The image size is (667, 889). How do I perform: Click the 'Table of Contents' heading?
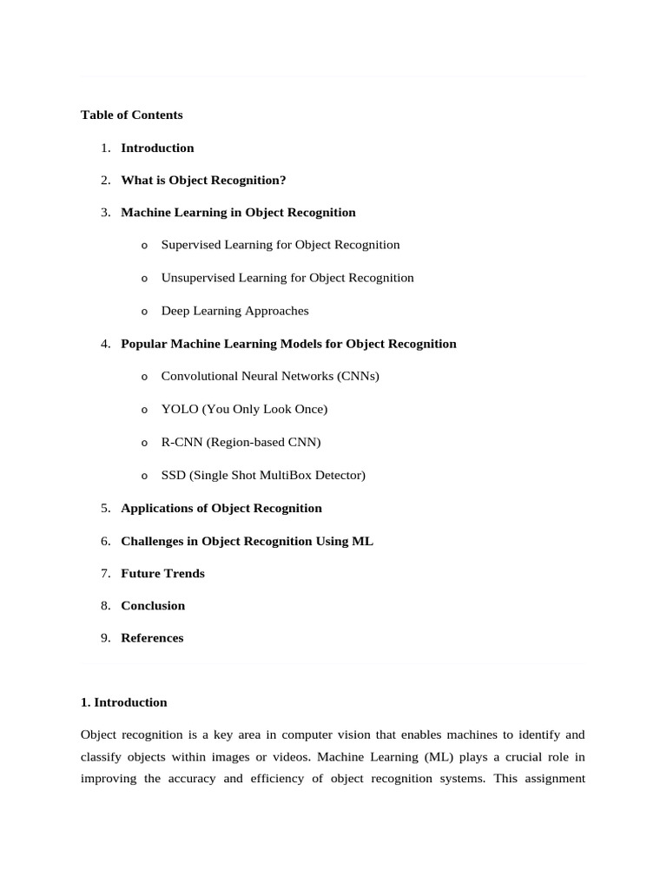131,115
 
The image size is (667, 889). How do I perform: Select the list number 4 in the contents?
105,344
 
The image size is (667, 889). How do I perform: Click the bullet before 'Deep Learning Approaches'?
144,312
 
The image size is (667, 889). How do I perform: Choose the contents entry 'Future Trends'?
162,573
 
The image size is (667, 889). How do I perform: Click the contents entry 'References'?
152,638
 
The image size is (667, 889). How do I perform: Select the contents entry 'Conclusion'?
153,606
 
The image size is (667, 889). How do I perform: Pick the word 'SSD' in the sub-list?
173,475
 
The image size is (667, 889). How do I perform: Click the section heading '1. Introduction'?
123,702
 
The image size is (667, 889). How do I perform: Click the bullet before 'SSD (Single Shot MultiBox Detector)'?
144,476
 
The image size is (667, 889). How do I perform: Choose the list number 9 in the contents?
105,638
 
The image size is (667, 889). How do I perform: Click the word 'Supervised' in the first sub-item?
191,245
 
